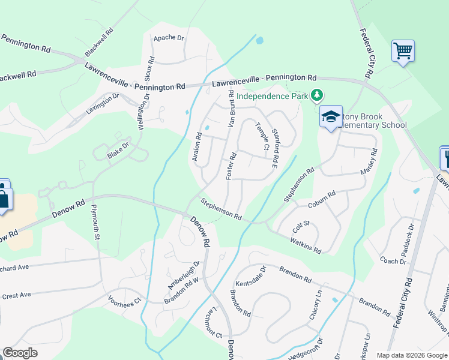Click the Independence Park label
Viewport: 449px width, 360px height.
pos(271,96)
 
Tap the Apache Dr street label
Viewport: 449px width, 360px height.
pos(168,38)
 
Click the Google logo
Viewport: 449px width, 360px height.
pos(20,353)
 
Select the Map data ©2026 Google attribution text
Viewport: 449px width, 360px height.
pos(411,355)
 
